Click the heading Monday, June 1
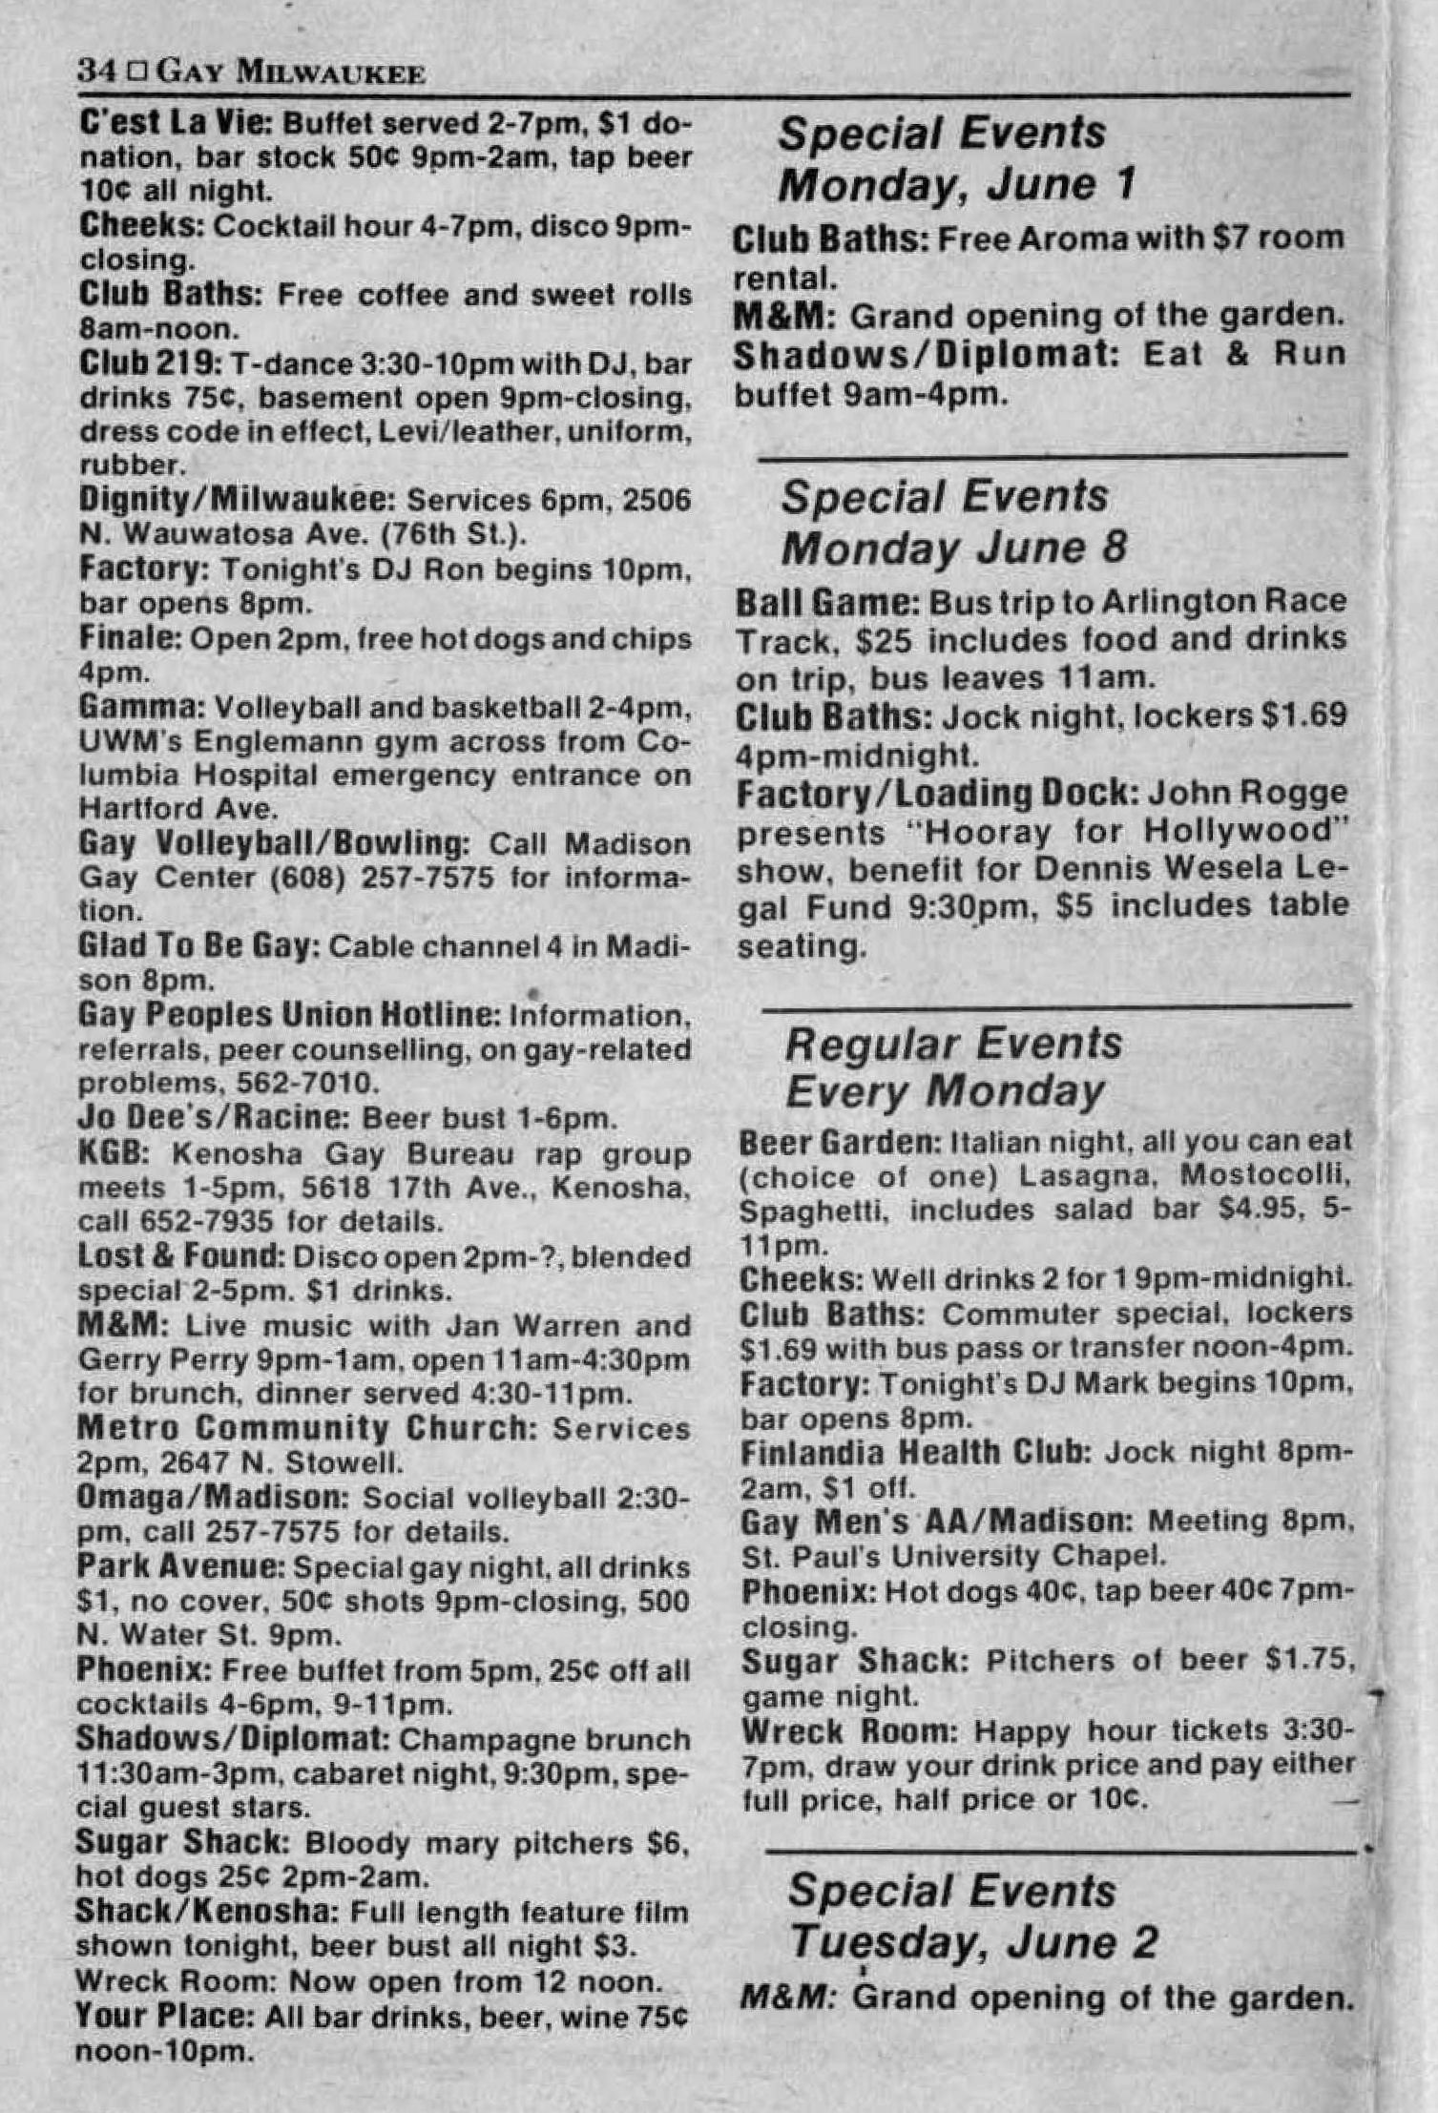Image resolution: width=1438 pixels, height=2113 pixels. pyautogui.click(x=956, y=184)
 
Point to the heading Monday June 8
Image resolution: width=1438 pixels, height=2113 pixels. pyautogui.click(x=953, y=548)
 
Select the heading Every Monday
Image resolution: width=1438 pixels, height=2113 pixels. pyautogui.click(x=945, y=1090)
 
